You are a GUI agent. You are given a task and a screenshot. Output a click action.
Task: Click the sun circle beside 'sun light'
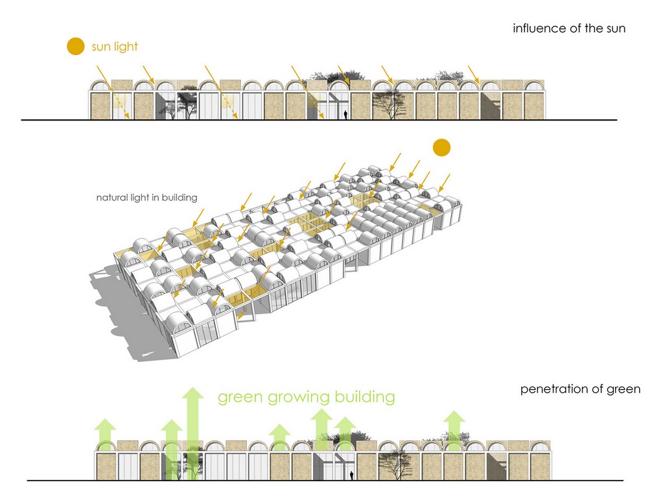[x=75, y=47]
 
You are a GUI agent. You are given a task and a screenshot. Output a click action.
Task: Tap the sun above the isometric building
[x=441, y=148]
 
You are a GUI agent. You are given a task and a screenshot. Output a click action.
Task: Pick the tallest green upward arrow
[x=192, y=428]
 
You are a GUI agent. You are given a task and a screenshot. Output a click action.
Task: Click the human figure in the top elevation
[x=346, y=115]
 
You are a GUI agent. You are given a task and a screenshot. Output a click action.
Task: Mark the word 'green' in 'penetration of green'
[x=624, y=390]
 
